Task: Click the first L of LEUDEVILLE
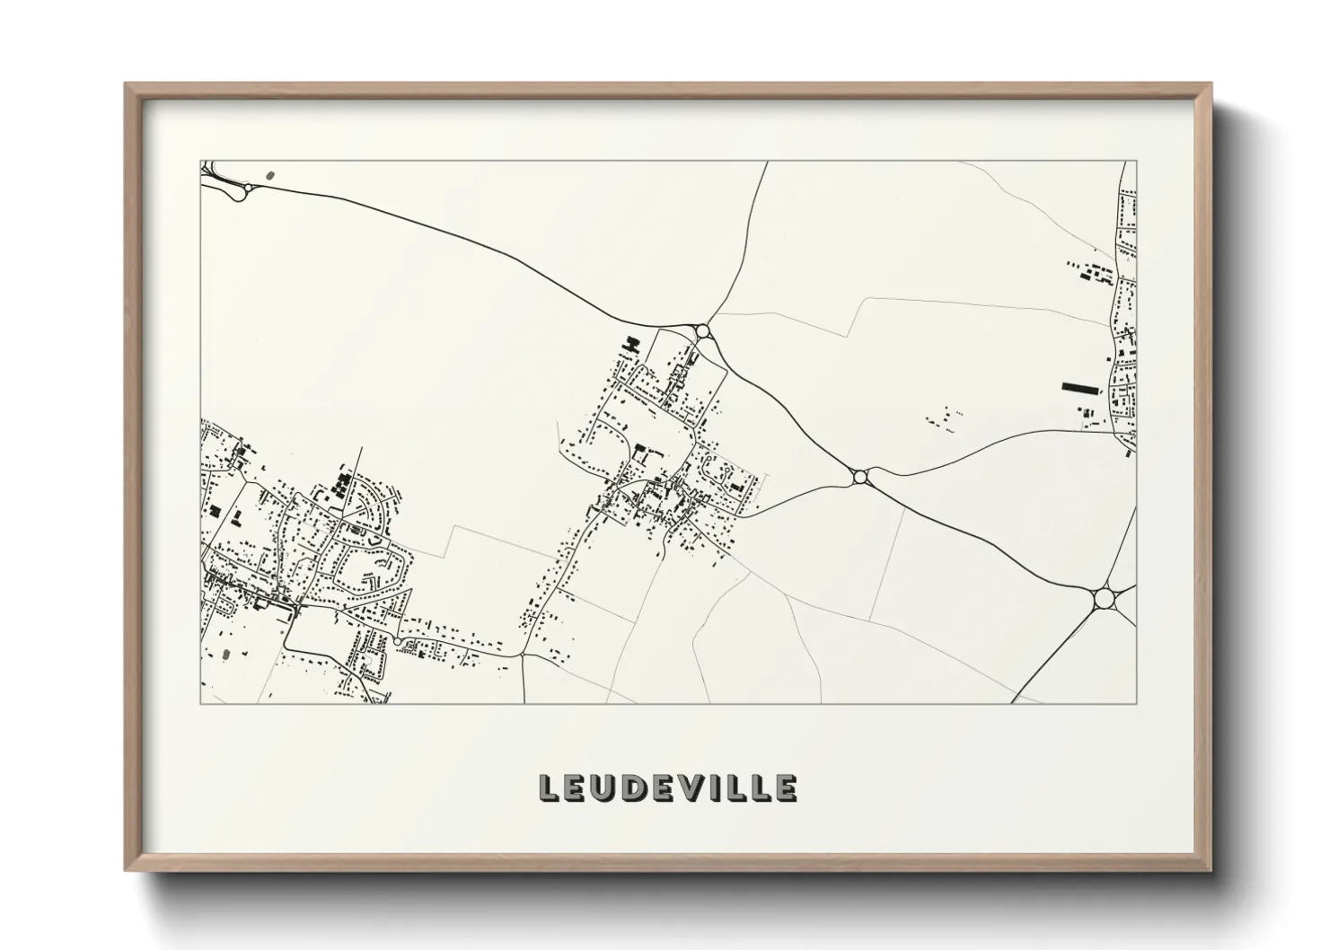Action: tap(548, 788)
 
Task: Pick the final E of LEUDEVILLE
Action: tap(784, 788)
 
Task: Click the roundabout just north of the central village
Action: tap(702, 331)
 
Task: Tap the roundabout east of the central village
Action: tap(860, 477)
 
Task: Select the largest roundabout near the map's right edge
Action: tap(1103, 598)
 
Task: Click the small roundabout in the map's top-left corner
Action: tap(240, 193)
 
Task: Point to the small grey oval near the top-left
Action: tap(271, 176)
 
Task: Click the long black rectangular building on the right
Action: tap(1080, 388)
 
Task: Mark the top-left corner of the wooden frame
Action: tap(126, 84)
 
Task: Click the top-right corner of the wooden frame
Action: tap(1210, 84)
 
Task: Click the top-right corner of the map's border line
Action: tap(1136, 162)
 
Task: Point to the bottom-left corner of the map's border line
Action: tap(200, 703)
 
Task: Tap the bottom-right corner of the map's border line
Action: tap(1136, 703)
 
